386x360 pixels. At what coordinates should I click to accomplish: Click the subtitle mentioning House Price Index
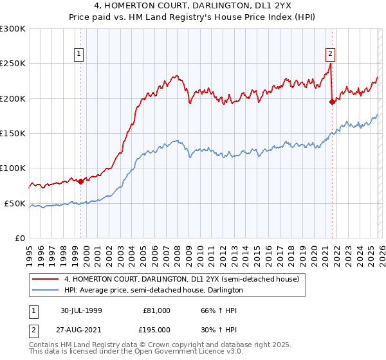pyautogui.click(x=193, y=18)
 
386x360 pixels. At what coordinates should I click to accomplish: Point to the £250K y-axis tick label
pyautogui.click(x=14, y=64)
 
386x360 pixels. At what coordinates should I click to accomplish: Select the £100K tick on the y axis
pyautogui.click(x=14, y=168)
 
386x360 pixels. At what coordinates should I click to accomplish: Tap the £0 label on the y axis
pyautogui.click(x=20, y=239)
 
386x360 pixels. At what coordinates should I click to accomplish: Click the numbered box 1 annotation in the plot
pyautogui.click(x=79, y=55)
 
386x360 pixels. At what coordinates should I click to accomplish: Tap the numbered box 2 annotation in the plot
pyautogui.click(x=330, y=55)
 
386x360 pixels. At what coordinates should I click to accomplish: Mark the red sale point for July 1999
pyautogui.click(x=80, y=181)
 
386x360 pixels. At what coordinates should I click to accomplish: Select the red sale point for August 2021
pyautogui.click(x=333, y=102)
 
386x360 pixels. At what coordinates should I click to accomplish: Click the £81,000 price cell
pyautogui.click(x=157, y=310)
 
